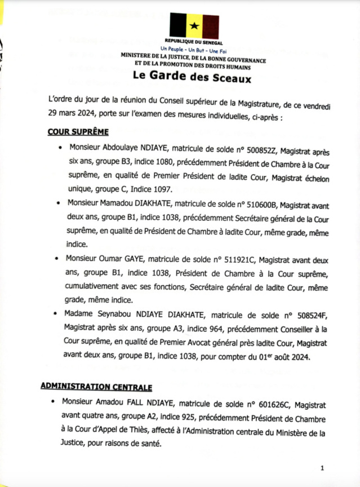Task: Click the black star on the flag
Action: [x=194, y=26]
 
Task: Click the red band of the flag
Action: [x=211, y=26]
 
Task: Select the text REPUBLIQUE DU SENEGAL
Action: [x=193, y=43]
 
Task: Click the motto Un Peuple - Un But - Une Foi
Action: [x=193, y=50]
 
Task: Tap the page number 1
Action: [x=322, y=468]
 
